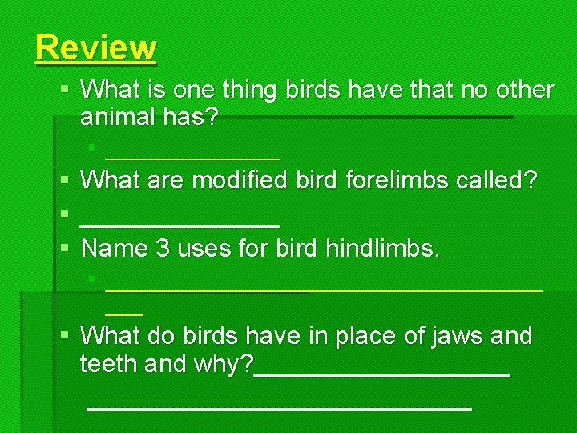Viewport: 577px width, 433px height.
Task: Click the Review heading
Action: [x=95, y=48]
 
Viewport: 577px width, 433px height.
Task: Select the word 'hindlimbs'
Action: [x=382, y=248]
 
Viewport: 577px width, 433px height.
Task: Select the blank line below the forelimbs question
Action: [x=180, y=225]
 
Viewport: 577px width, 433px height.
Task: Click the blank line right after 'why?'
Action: [x=382, y=374]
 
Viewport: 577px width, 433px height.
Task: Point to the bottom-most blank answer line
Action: [x=279, y=408]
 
